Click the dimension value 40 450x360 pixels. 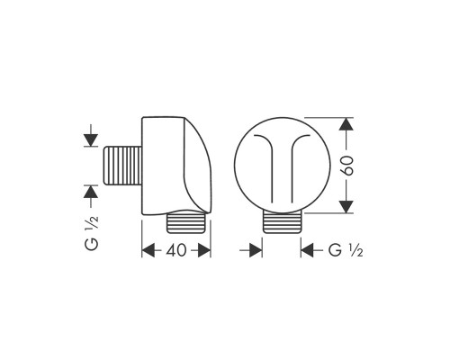coord(176,250)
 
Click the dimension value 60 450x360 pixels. coord(347,166)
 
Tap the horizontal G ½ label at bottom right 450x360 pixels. coord(346,250)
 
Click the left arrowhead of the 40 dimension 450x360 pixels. coord(148,250)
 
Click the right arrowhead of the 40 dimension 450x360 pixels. coord(204,250)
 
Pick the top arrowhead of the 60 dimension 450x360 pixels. coord(346,124)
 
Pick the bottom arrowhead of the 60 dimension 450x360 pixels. coord(346,207)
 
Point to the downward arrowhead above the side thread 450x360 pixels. coord(91,139)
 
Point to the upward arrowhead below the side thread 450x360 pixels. coord(91,192)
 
